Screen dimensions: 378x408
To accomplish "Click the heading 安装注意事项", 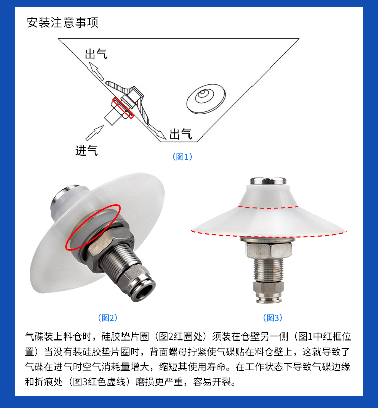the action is click(x=62, y=22).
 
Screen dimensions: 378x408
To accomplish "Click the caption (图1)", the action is click(x=182, y=157).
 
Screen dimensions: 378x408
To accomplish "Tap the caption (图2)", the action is click(x=108, y=318).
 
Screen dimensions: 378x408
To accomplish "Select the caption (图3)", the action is click(x=273, y=318).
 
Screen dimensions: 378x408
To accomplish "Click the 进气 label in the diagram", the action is click(x=86, y=151).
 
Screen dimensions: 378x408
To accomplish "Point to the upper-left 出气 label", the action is click(x=96, y=54).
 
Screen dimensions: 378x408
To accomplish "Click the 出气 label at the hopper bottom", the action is click(x=180, y=134).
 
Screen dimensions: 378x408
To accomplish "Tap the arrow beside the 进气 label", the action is click(x=95, y=133).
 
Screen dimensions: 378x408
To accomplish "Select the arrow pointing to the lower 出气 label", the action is click(x=157, y=131).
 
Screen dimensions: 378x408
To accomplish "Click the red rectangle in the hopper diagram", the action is click(x=123, y=108).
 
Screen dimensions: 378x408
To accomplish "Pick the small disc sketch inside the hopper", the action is click(x=206, y=99).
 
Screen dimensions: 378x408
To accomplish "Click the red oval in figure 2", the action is click(x=93, y=227).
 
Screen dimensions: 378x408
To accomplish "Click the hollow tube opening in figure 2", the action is click(x=145, y=292).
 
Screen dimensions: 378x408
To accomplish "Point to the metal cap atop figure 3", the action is click(x=269, y=181).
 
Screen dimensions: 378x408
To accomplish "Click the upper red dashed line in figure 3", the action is click(x=269, y=207).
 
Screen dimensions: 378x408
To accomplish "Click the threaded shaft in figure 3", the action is click(x=268, y=269).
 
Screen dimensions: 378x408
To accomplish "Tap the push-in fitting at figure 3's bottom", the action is click(x=268, y=292).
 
